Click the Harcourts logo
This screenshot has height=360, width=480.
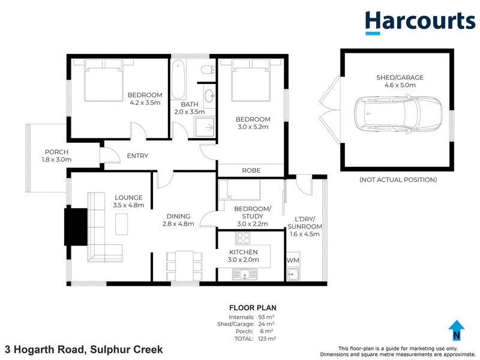coord(420,22)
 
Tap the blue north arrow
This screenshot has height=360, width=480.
coord(457,330)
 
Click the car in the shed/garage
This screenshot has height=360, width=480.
coord(398,114)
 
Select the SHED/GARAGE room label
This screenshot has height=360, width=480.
coord(400,77)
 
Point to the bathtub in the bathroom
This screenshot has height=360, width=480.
coord(178,79)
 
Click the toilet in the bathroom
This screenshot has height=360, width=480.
coord(208,70)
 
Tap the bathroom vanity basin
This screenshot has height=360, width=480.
coord(209,96)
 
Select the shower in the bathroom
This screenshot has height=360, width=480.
coord(205,127)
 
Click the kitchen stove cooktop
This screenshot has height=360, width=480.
coord(243,238)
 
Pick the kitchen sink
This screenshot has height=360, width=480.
coord(245,275)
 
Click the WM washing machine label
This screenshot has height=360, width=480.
coord(293,260)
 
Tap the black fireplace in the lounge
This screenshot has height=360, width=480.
coord(76,227)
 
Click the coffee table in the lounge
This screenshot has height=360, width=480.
coord(122,224)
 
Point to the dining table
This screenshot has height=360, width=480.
coord(184,266)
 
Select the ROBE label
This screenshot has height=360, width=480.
coord(251,170)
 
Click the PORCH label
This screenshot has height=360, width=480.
coord(56,152)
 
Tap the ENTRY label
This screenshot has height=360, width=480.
coord(137,156)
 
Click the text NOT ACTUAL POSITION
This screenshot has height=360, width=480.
coord(398,179)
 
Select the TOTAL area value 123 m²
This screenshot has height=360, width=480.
coord(267,338)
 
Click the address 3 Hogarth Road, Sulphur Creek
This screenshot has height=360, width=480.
coord(84,349)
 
